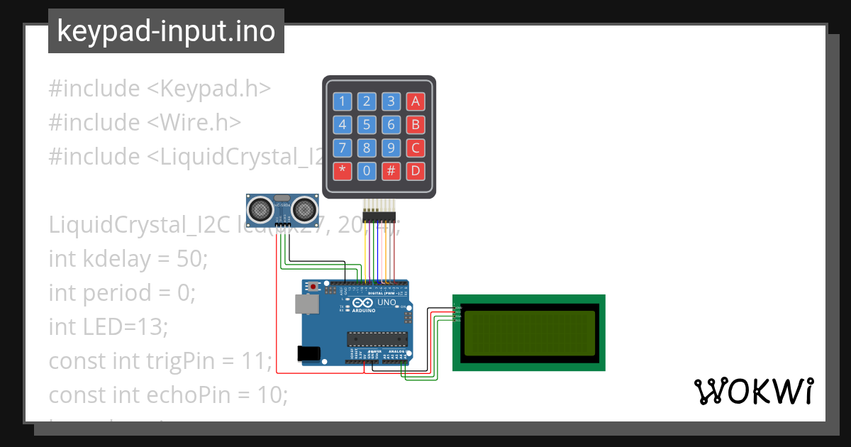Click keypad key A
point(416,101)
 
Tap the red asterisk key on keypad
point(343,171)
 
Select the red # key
point(391,171)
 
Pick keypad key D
point(416,171)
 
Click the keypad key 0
point(367,171)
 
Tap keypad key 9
point(391,148)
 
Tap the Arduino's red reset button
point(313,287)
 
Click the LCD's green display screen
point(529,333)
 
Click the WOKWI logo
point(753,392)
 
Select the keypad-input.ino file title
point(166,31)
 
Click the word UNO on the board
point(386,303)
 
